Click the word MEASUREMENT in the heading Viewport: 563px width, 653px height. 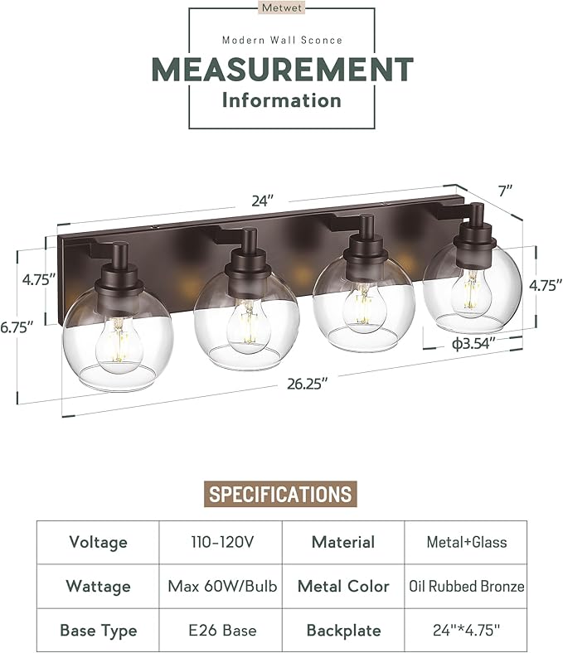tap(281, 69)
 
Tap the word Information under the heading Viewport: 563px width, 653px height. tap(281, 100)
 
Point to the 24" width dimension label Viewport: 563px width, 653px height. tap(262, 201)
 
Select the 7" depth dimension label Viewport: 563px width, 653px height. tap(505, 191)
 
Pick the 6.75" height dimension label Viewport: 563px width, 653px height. tap(17, 327)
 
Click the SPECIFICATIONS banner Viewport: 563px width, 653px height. tap(280, 495)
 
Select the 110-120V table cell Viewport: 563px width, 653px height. tap(221, 543)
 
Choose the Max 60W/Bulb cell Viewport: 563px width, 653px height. tap(221, 586)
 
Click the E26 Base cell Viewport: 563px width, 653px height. tap(221, 630)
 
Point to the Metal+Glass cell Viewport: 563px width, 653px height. tap(467, 543)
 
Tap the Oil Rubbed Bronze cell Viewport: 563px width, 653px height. tap(467, 586)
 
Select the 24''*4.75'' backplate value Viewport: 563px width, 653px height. tap(467, 630)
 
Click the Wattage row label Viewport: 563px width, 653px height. tap(98, 586)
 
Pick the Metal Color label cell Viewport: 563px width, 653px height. tap(343, 586)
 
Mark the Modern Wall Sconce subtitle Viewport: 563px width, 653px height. tap(281, 40)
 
